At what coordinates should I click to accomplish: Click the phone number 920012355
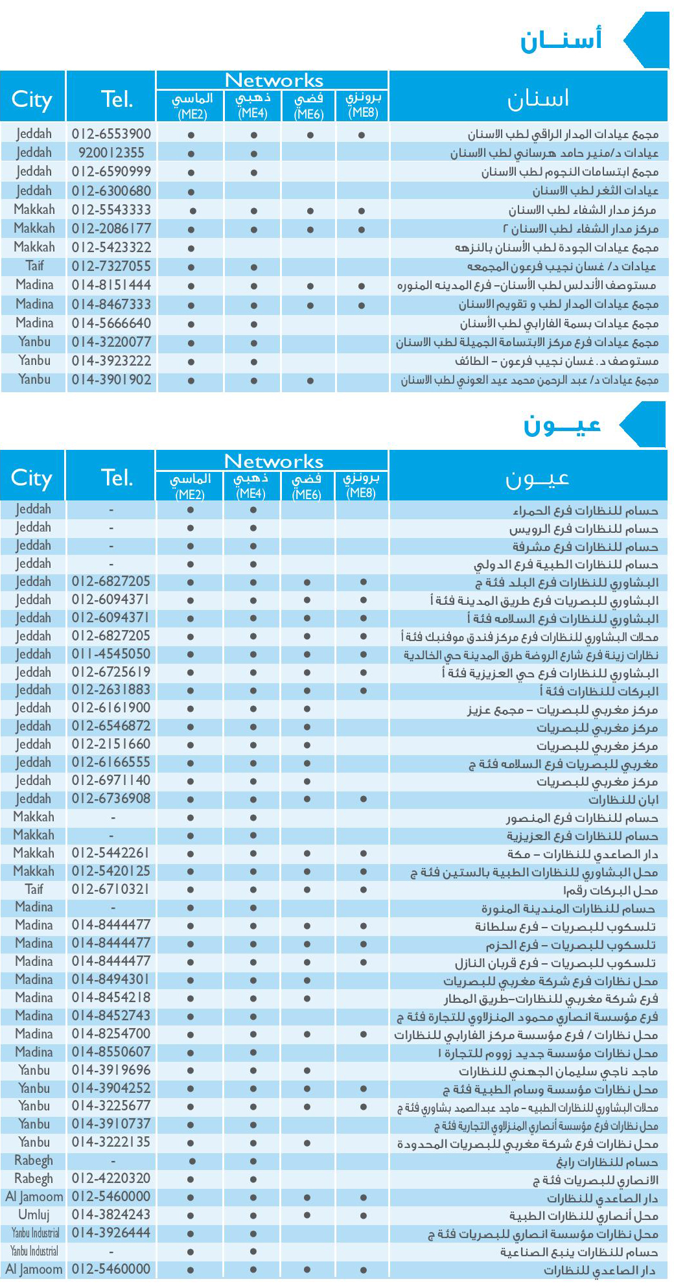coord(111,153)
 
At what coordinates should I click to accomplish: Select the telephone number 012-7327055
coord(111,266)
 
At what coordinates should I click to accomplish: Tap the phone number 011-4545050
coord(111,654)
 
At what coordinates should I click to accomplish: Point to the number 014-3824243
coord(111,1214)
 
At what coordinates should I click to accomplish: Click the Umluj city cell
coord(34,1214)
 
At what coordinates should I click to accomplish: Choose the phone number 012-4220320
coord(111,1178)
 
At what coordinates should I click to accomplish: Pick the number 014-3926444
coord(111,1232)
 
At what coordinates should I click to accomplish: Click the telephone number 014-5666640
coord(111,323)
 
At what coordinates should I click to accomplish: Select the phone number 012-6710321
coord(111,889)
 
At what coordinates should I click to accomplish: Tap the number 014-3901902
coord(111,380)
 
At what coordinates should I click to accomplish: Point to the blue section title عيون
coord(562,425)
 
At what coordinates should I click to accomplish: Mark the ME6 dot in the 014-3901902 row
coord(310,381)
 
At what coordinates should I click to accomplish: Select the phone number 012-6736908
coord(111,799)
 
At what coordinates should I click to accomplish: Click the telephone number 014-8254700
coord(111,1034)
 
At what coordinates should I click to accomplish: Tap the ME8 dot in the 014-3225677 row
coord(364,1107)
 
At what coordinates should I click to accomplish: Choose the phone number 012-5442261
coord(111,853)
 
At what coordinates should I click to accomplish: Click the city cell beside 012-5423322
coord(34,248)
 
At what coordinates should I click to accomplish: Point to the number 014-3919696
coord(111,1070)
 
